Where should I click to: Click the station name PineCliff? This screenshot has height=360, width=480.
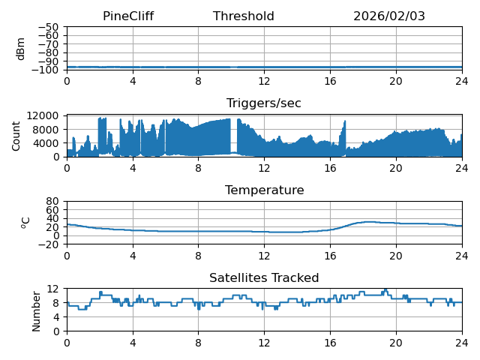pos(128,16)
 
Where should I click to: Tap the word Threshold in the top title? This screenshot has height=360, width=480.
pos(244,16)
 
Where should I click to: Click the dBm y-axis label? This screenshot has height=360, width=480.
pos(21,49)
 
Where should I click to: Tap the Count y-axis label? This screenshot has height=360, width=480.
pos(16,136)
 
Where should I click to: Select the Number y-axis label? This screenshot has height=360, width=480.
pos(37,310)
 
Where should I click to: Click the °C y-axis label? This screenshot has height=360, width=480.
pos(25,223)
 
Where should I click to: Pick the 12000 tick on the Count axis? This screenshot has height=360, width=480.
pos(44,115)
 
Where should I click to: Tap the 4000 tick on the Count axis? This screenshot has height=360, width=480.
pos(47,143)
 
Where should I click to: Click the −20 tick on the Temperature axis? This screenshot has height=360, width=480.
pos(49,244)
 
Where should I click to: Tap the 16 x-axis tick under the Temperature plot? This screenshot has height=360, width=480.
pos(330,256)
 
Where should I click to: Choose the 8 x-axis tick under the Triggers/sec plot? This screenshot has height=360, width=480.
pos(199,169)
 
